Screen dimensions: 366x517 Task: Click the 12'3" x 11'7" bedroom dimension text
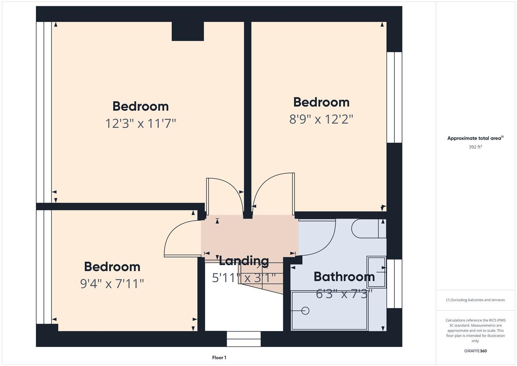click(141, 123)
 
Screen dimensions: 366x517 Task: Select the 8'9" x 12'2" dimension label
click(321, 119)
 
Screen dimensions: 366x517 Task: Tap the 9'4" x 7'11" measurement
click(112, 283)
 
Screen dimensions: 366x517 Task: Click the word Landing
click(244, 261)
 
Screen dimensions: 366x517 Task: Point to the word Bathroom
click(344, 277)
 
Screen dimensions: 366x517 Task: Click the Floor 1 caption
click(219, 358)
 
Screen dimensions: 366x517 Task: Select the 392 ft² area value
click(475, 147)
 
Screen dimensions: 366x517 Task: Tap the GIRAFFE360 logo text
click(475, 351)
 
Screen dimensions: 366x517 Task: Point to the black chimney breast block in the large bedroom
click(188, 32)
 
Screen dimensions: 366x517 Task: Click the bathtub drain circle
click(305, 310)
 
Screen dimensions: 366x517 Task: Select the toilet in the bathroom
click(368, 228)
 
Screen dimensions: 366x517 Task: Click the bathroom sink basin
click(376, 272)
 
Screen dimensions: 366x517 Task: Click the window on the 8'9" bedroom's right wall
click(394, 97)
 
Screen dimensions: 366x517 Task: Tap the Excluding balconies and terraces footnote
click(475, 300)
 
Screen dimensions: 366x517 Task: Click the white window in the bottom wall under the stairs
click(244, 339)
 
